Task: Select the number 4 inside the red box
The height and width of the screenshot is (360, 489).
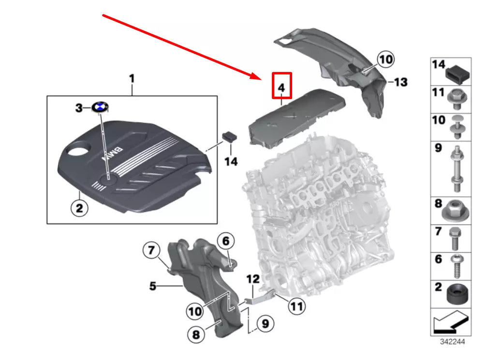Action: coord(282,88)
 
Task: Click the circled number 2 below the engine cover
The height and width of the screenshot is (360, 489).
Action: coord(80,209)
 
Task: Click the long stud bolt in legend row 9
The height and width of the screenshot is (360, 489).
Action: coord(456,169)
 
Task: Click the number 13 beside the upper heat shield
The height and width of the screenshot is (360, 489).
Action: coord(400,83)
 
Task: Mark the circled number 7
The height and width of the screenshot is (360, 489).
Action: coord(151,250)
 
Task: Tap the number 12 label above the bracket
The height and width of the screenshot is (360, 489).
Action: coord(253,279)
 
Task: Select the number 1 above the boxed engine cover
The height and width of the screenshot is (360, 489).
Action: coord(132,78)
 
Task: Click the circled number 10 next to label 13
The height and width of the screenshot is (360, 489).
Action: coord(385,59)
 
